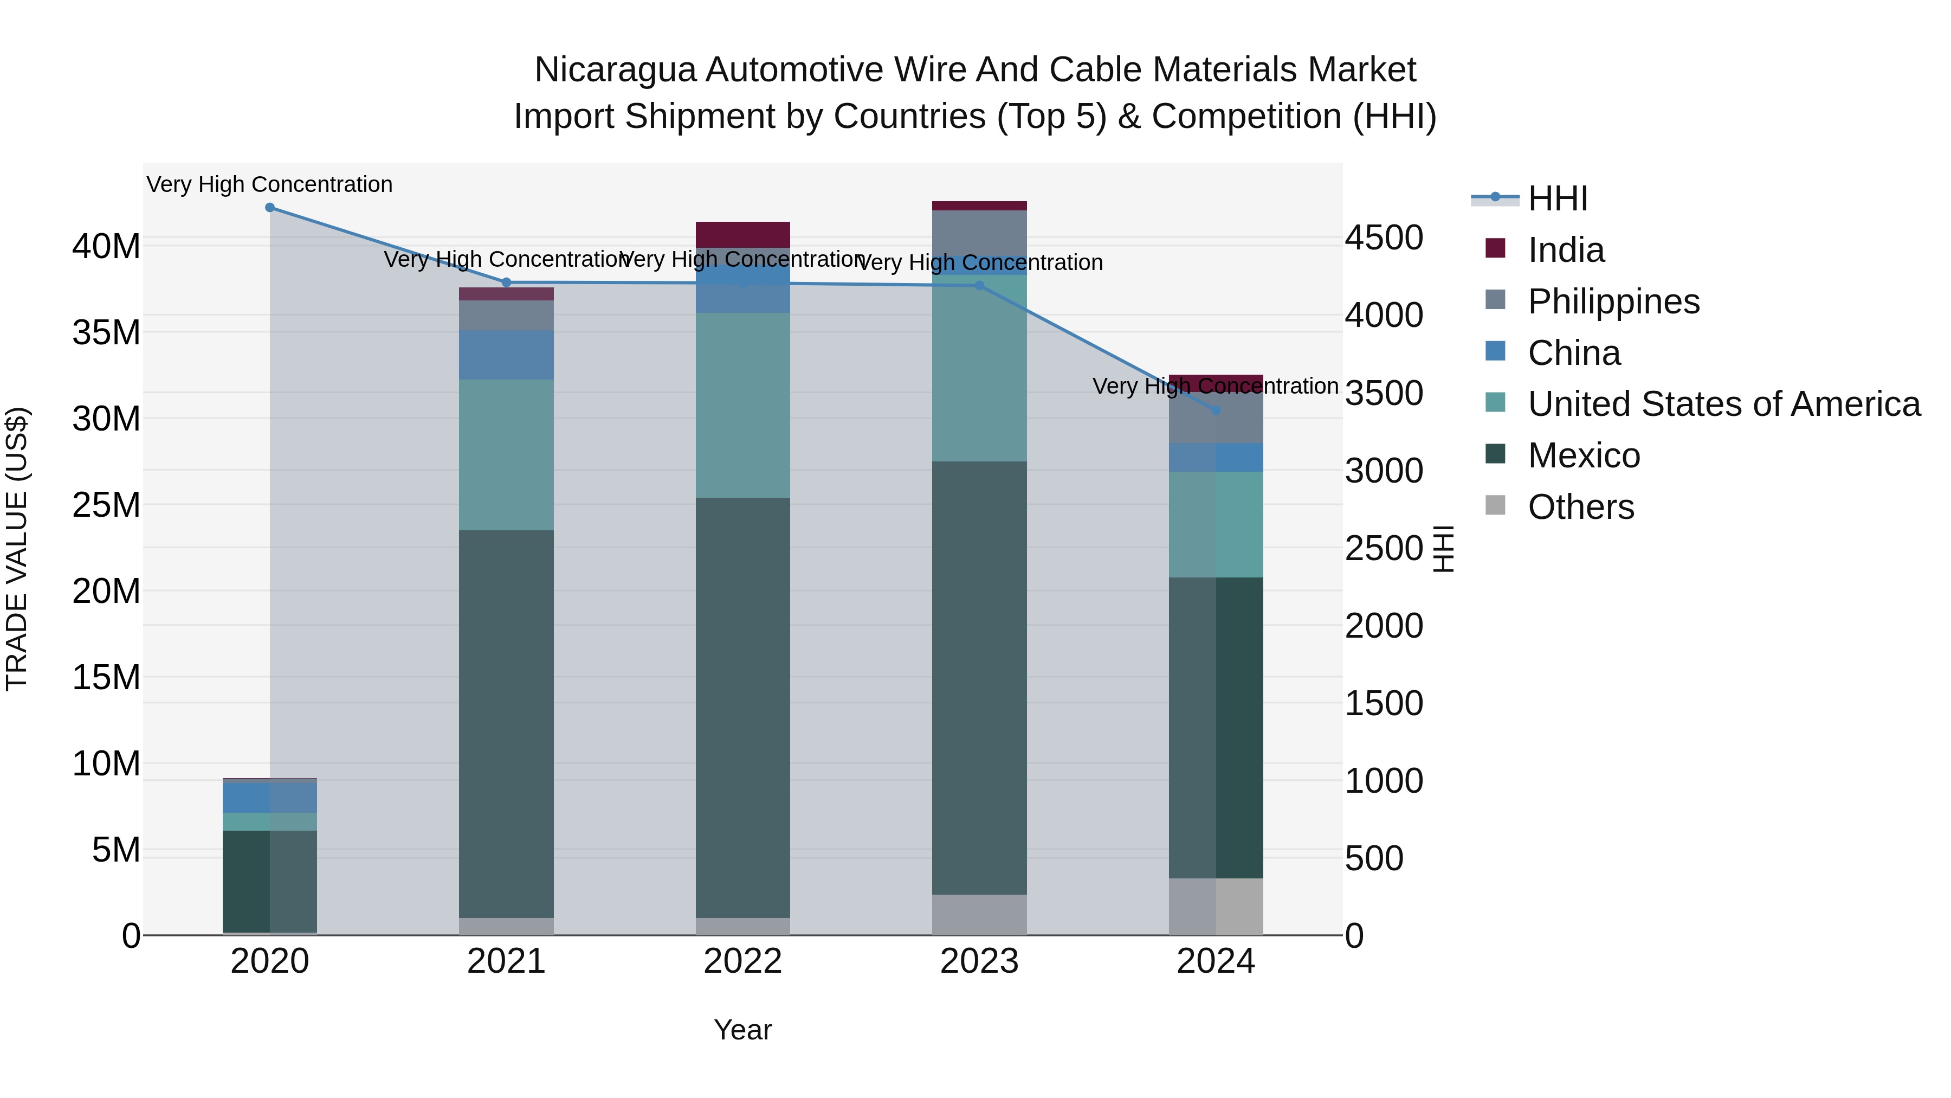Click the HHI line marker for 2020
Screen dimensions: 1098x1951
pyautogui.click(x=270, y=208)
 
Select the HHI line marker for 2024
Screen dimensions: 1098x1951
pyautogui.click(x=1216, y=410)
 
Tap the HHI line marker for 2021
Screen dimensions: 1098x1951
pyautogui.click(x=507, y=282)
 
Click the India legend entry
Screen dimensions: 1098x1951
pyautogui.click(x=1566, y=250)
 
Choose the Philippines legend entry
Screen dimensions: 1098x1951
pyautogui.click(x=1613, y=301)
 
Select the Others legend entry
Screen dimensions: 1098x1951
pyautogui.click(x=1581, y=507)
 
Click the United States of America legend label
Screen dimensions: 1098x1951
pyautogui.click(x=1724, y=404)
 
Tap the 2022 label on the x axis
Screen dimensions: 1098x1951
pyautogui.click(x=742, y=961)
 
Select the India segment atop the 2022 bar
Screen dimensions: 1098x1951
pyautogui.click(x=742, y=234)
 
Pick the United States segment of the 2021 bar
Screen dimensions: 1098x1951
pyautogui.click(x=507, y=455)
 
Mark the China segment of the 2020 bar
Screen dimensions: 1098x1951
pyautogui.click(x=270, y=797)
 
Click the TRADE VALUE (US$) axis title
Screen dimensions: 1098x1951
pyautogui.click(x=17, y=549)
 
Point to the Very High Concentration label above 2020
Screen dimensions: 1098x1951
pyautogui.click(x=270, y=185)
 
